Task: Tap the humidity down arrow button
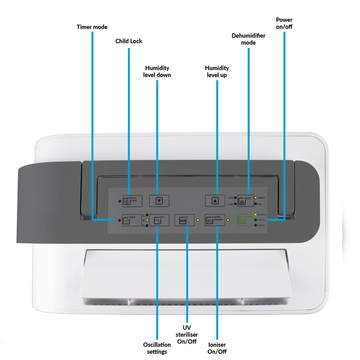point(159,201)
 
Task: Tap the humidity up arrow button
point(215,201)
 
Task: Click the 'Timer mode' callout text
point(92,27)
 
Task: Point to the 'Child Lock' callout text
point(129,41)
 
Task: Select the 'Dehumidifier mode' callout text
point(249,39)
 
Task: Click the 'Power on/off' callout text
point(284,24)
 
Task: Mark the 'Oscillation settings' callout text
point(157,348)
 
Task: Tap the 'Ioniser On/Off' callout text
point(217,348)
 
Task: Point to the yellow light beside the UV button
point(197,220)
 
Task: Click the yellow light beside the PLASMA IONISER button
point(228,220)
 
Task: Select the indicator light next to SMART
point(256,197)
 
